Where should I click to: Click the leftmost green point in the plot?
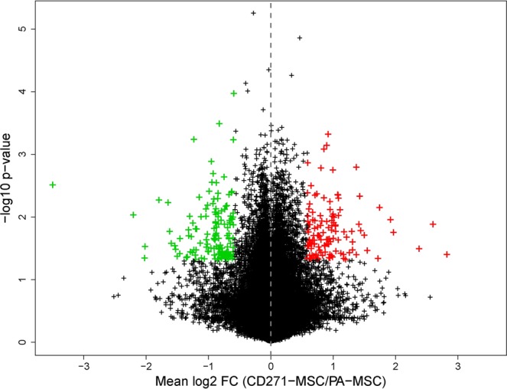[53, 185]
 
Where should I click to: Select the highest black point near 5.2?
[253, 13]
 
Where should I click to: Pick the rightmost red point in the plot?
[447, 254]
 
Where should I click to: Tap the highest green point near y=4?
[234, 93]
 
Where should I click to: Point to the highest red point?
[328, 134]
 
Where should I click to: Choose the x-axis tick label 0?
[271, 364]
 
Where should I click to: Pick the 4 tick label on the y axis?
[24, 92]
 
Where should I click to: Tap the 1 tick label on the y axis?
[24, 279]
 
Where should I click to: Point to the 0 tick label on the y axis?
[24, 342]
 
